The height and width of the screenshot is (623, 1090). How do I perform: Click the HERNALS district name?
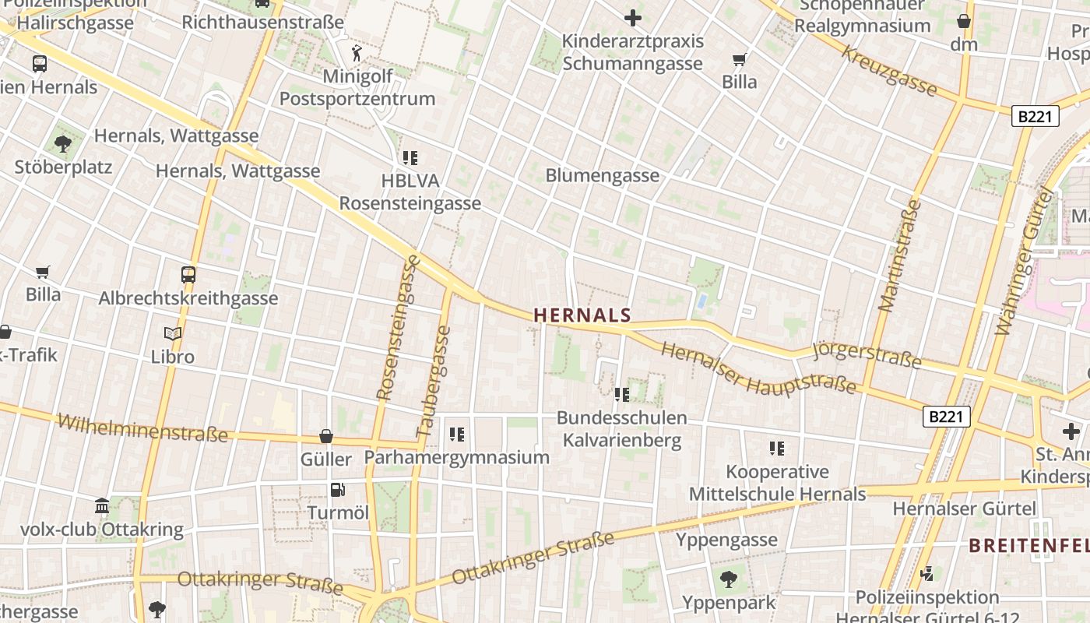click(582, 315)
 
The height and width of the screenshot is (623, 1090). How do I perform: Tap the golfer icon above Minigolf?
click(357, 53)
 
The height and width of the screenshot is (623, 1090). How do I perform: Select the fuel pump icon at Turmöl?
click(337, 490)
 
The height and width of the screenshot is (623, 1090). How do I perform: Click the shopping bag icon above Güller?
click(326, 436)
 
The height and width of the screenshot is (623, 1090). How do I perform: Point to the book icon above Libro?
click(173, 334)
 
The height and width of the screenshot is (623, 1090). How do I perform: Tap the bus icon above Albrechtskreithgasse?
click(188, 274)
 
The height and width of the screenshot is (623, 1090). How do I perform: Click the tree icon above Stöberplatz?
click(63, 143)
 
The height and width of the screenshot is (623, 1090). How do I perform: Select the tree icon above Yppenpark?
click(729, 579)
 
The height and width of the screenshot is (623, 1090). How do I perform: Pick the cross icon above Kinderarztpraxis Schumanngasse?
click(633, 17)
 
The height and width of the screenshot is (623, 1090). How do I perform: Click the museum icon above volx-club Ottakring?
click(102, 506)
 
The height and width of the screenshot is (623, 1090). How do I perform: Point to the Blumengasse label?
click(602, 175)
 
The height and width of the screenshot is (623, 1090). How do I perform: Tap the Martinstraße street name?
click(900, 255)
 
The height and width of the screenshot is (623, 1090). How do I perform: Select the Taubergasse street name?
click(434, 381)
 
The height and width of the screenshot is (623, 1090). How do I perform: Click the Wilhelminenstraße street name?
click(142, 428)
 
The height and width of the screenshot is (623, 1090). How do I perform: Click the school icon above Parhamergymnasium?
click(457, 434)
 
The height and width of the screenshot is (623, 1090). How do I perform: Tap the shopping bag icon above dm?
click(964, 21)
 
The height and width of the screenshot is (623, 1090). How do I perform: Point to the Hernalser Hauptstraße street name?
click(758, 370)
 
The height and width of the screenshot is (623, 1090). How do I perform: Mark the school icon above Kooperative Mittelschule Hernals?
click(776, 448)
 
